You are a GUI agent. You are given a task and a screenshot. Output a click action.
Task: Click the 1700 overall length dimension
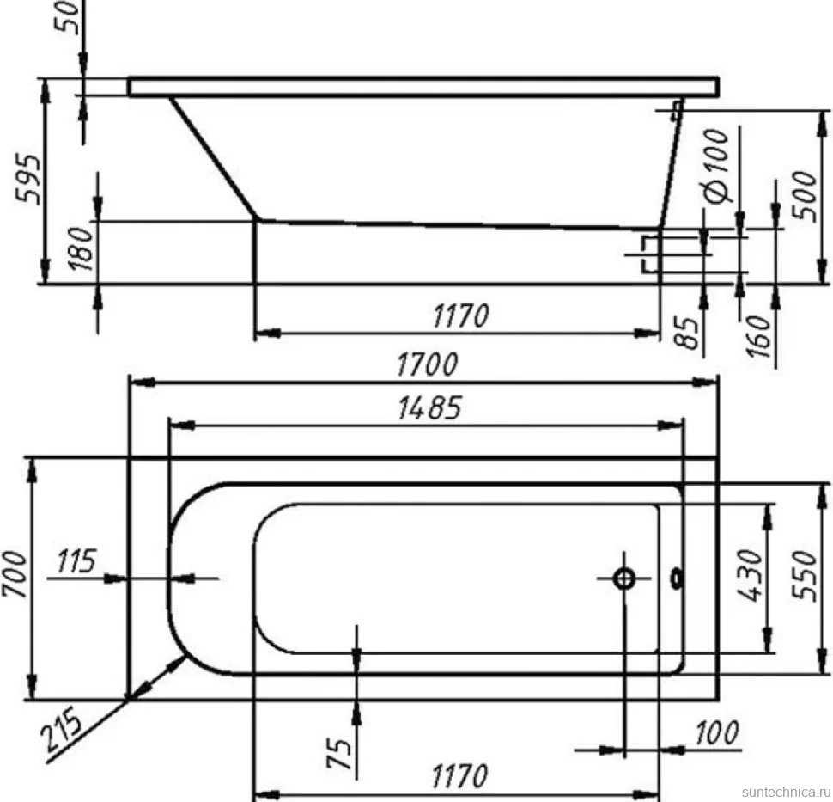[x=427, y=364]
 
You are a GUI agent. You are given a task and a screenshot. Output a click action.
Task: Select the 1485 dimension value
[x=429, y=408]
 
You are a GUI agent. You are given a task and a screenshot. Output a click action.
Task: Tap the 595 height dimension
[x=27, y=180]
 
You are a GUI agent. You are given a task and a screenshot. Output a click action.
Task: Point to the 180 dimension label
[x=82, y=248]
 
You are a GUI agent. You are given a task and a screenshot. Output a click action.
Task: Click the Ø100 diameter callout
[x=717, y=165]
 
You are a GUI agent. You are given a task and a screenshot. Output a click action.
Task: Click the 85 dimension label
[x=690, y=334]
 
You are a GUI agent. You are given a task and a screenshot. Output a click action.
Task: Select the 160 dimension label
[x=757, y=336]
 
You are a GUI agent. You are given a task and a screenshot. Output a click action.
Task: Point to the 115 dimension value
[x=76, y=560]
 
